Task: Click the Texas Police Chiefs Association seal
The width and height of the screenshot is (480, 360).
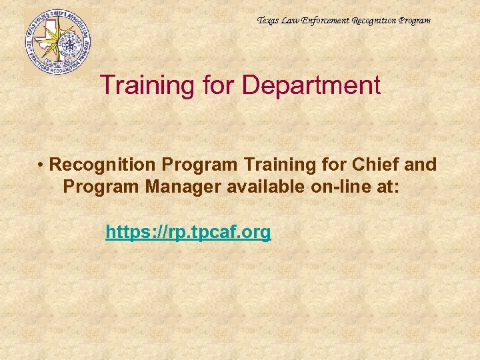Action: point(57,41)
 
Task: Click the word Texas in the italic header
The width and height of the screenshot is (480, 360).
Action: point(268,21)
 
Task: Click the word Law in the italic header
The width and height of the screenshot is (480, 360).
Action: point(291,21)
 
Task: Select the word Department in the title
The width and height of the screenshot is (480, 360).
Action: point(311,85)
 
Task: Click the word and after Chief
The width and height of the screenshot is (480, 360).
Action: point(422,165)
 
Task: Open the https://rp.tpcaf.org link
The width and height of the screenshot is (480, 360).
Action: point(188,232)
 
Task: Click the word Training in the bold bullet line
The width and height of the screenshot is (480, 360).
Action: point(272,165)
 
